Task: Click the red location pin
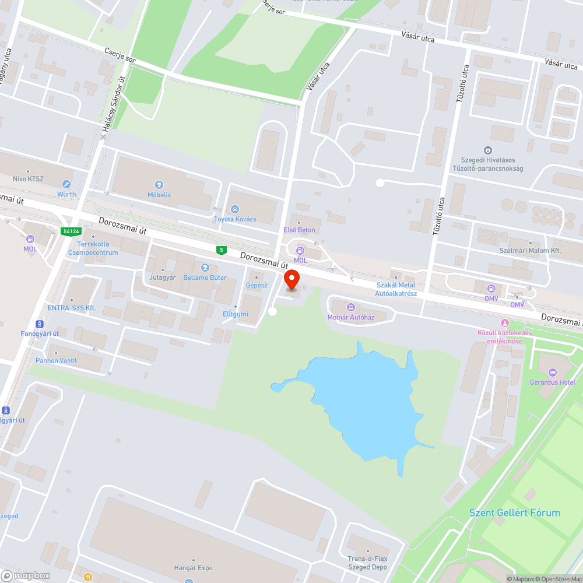coord(291,280)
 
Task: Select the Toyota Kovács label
coord(235,219)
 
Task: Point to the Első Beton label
coord(299,230)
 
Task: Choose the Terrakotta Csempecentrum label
coord(93,248)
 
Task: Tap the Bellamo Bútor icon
coord(205,268)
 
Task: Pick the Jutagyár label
coord(162,278)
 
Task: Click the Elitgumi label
coord(236,314)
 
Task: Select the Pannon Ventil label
coord(56,360)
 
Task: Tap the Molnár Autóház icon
coord(350,307)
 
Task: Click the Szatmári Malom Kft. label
coord(530,250)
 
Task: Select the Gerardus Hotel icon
coord(553,373)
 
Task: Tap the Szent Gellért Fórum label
coord(514,513)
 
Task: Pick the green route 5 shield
coord(221,250)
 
